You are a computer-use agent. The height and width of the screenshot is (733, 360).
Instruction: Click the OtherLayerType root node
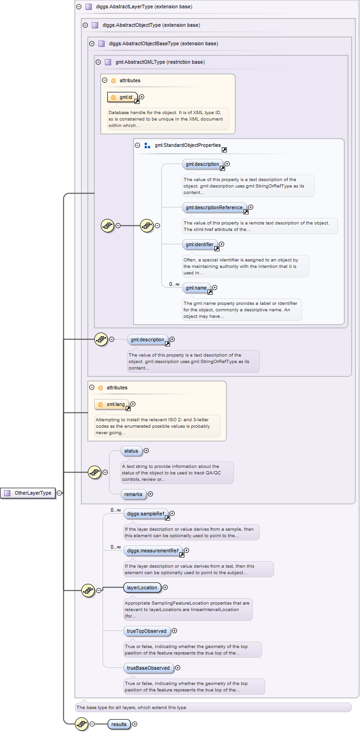28,493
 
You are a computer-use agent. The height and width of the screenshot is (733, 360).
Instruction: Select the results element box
119,724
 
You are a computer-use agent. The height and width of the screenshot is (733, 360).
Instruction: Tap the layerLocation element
142,588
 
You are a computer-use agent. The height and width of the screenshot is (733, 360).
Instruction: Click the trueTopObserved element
146,631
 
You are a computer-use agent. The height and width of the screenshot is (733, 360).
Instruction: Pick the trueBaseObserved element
148,668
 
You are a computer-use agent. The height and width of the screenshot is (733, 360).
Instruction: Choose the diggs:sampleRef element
146,514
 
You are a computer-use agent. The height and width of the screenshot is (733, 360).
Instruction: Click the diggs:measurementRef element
153,551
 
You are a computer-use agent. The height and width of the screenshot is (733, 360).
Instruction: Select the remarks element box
133,494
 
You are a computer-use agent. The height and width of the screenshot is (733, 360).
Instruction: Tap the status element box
131,451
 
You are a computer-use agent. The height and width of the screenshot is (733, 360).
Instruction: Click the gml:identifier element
200,244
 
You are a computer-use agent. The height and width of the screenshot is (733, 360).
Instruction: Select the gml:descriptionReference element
214,207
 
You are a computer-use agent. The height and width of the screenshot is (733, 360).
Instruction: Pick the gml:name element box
196,288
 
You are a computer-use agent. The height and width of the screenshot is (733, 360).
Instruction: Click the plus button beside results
135,724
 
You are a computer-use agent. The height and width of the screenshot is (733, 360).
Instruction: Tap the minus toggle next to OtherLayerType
59,493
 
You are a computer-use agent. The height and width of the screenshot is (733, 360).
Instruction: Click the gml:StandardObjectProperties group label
188,145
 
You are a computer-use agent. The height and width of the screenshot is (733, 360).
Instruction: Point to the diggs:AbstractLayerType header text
144,6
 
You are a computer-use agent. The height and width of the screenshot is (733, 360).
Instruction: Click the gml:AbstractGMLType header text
160,62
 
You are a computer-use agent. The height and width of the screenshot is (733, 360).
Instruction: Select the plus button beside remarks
151,494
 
